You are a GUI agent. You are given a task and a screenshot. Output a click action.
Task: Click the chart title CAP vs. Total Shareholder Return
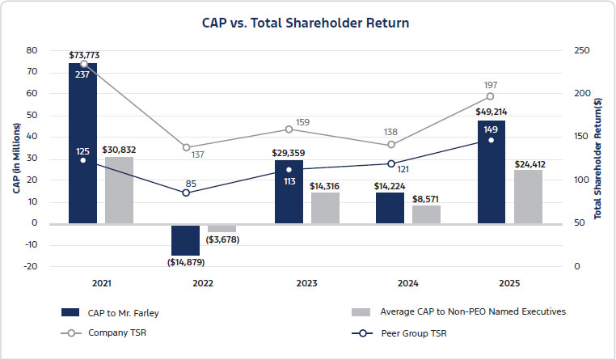[306, 23]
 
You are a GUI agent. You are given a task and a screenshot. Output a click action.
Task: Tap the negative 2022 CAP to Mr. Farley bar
[185, 239]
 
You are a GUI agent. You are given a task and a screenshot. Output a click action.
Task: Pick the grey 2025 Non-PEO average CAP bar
[528, 196]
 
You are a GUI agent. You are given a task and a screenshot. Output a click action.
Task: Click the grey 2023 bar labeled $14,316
[325, 207]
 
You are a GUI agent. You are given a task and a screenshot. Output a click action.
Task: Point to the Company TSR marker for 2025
[490, 96]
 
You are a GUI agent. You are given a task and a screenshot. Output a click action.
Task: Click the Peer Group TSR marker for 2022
[186, 193]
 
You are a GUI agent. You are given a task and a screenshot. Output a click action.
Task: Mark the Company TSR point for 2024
[391, 145]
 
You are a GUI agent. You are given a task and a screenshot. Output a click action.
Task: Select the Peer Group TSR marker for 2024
[391, 163]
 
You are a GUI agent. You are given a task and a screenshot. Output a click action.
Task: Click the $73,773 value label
[84, 55]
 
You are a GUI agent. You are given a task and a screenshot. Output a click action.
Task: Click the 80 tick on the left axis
[32, 50]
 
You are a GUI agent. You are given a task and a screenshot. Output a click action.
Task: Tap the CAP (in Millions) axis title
[15, 159]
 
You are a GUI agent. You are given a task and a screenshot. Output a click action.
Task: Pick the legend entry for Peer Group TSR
[420, 332]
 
